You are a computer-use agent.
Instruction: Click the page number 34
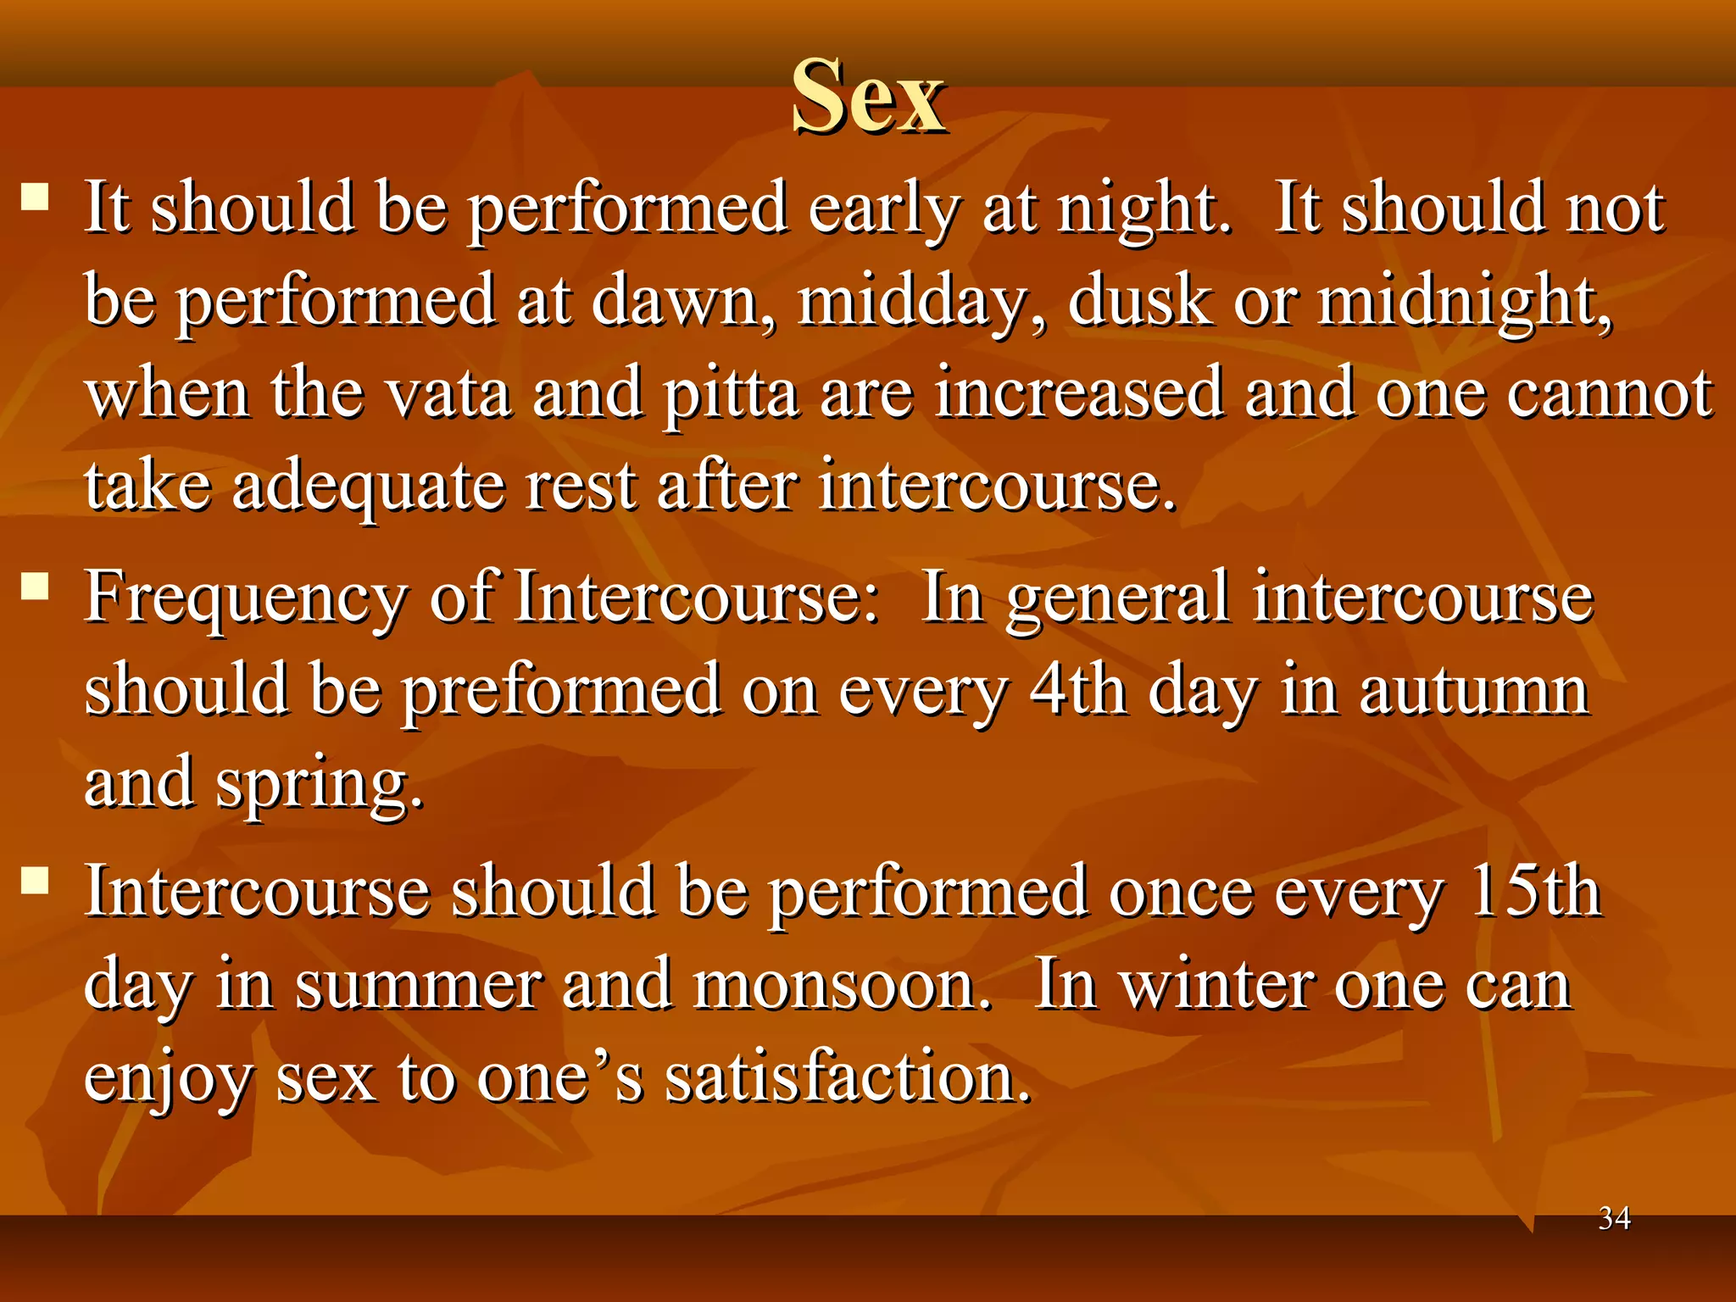click(x=1614, y=1218)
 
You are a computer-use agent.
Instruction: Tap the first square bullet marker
click(x=35, y=198)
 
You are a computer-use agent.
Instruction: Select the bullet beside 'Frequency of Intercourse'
click(x=35, y=587)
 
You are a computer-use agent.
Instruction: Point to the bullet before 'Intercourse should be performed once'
click(x=35, y=882)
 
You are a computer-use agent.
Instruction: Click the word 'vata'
click(x=448, y=394)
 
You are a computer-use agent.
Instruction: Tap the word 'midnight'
click(x=1464, y=301)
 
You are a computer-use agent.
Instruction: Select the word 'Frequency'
click(x=246, y=598)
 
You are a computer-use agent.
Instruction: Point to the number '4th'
click(x=1077, y=690)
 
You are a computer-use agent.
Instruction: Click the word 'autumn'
click(x=1474, y=692)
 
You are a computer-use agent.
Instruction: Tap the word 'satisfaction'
click(x=848, y=1078)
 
